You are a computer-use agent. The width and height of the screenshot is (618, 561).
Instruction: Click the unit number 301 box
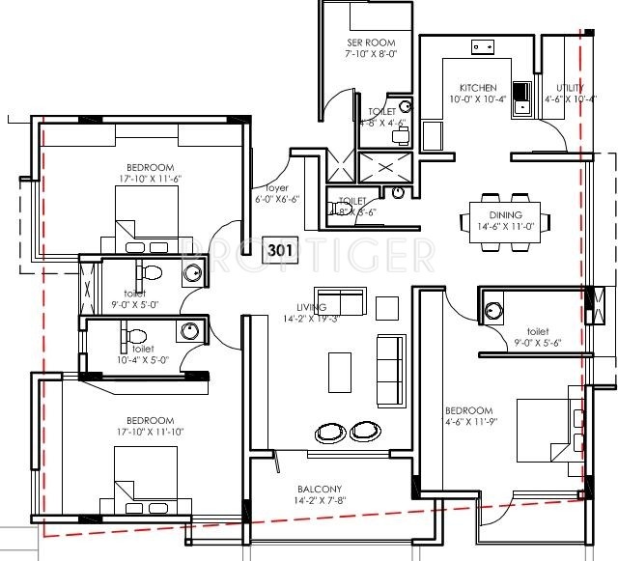tap(279, 250)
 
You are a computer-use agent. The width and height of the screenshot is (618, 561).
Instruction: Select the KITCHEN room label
tap(477, 87)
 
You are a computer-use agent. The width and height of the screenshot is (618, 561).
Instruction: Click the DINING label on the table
tap(505, 215)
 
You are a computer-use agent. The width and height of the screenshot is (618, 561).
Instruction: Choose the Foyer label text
tap(265, 188)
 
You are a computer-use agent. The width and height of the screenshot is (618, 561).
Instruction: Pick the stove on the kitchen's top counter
tap(482, 46)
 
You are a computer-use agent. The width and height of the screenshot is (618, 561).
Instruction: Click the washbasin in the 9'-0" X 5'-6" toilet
tap(494, 311)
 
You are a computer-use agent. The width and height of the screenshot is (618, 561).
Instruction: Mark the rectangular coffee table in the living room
tap(340, 373)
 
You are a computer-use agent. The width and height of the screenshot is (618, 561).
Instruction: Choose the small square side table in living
tap(386, 308)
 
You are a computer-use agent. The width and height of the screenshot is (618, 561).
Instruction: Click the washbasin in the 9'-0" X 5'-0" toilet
tap(193, 273)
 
